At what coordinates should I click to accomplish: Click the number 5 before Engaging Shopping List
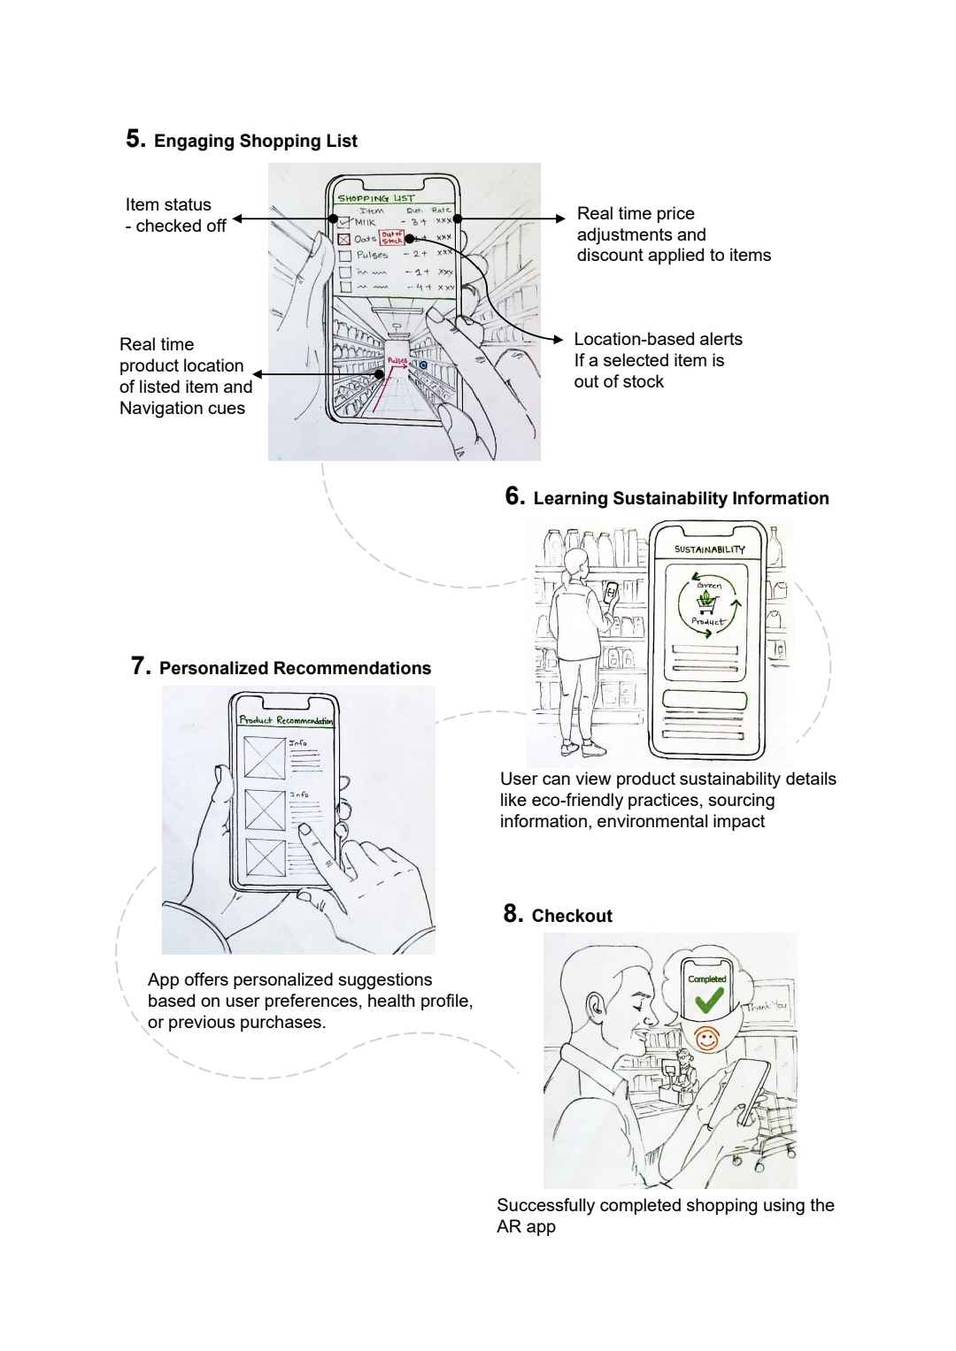tap(135, 139)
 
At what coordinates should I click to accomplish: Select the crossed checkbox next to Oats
tap(344, 239)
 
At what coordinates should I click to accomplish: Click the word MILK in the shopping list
tap(365, 222)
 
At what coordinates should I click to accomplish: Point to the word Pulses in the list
tap(372, 255)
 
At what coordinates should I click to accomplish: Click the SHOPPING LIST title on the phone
tap(375, 198)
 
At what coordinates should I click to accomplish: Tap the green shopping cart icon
tap(706, 603)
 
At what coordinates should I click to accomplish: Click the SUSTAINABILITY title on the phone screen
tap(709, 549)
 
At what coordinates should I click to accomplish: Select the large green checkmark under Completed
tap(708, 1001)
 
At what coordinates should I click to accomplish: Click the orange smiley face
tap(706, 1039)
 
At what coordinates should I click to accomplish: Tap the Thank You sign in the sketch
tap(766, 1006)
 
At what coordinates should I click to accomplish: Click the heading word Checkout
tap(572, 916)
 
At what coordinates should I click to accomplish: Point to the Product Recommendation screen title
tap(285, 720)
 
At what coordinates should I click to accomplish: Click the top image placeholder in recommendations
tap(265, 756)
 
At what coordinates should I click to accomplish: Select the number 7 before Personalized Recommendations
tap(141, 666)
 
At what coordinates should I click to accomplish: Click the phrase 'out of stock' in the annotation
tap(619, 381)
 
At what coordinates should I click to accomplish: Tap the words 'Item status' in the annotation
tap(168, 204)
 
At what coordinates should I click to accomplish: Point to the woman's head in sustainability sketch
tap(576, 561)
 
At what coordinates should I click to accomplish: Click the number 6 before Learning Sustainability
tap(514, 496)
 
